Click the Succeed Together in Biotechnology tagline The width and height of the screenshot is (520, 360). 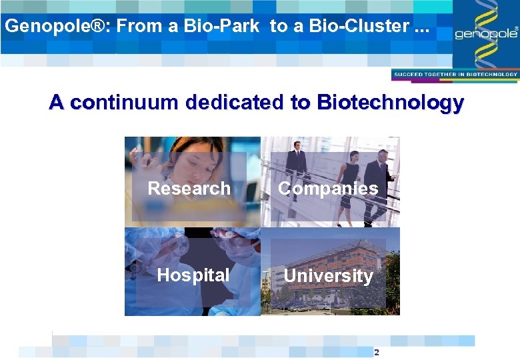click(x=455, y=75)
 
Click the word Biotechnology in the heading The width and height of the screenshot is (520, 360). click(x=391, y=103)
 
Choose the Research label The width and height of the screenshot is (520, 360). click(x=189, y=189)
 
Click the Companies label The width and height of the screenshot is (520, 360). click(x=328, y=189)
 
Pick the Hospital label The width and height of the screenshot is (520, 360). click(x=193, y=275)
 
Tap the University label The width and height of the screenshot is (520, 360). click(x=328, y=275)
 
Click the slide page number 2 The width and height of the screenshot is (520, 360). click(x=377, y=351)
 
